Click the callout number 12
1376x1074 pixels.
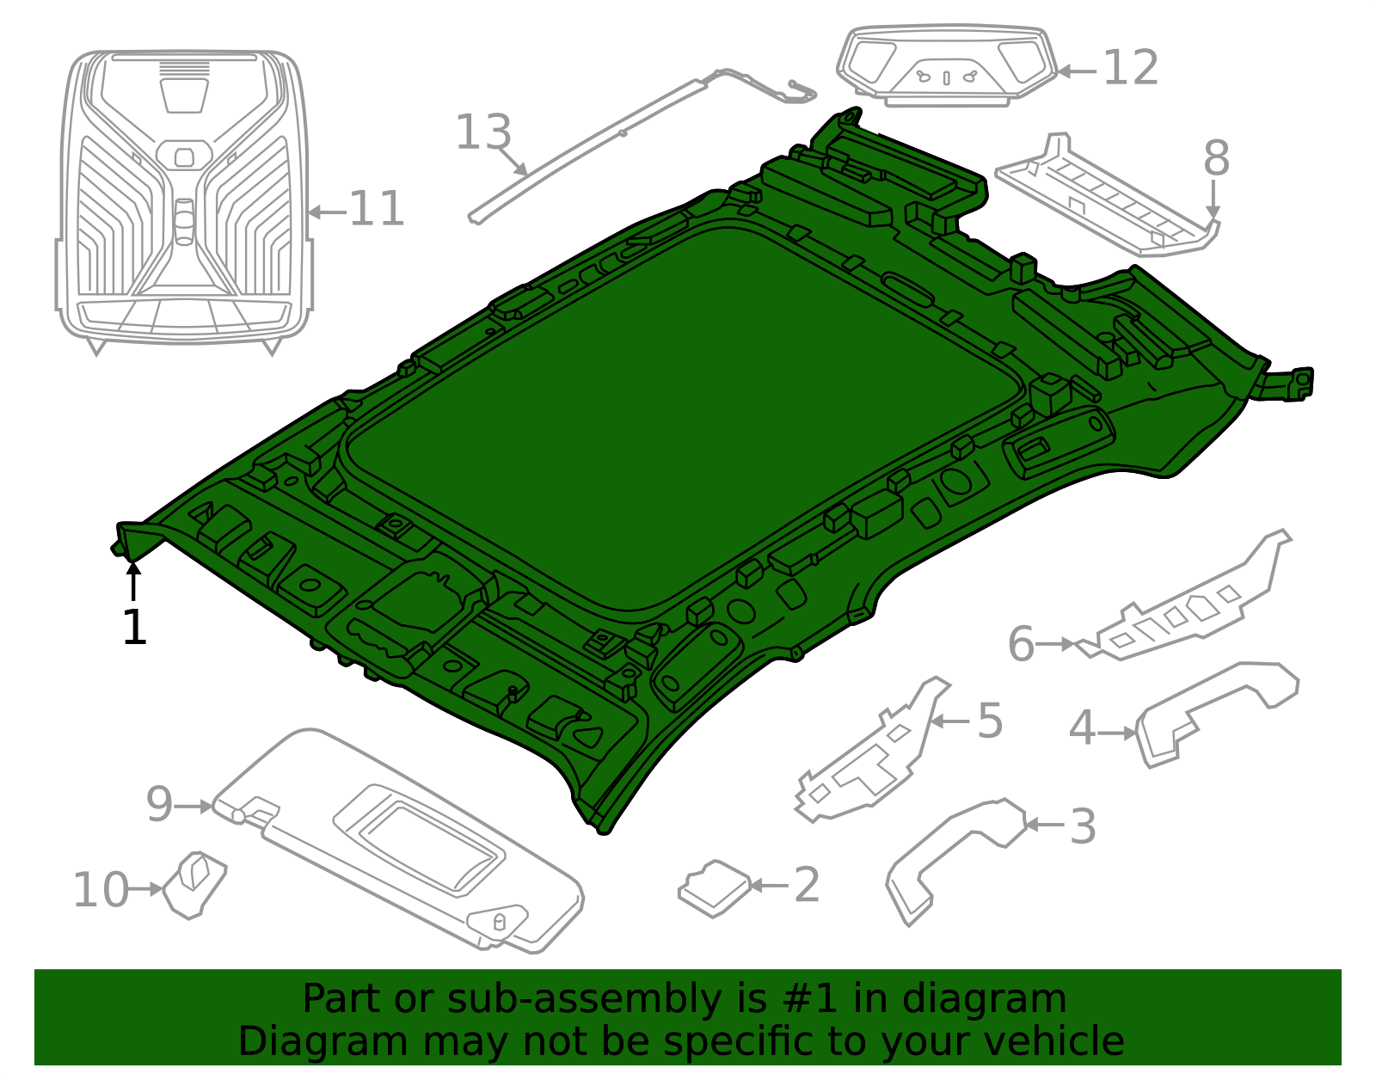1131,67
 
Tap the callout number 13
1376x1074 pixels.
483,132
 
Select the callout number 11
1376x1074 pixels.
377,209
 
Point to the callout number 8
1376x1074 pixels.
1216,157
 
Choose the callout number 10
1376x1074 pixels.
101,889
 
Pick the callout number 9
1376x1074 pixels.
159,804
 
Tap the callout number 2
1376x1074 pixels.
807,884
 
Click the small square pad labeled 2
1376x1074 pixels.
715,888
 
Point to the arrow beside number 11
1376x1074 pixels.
328,212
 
